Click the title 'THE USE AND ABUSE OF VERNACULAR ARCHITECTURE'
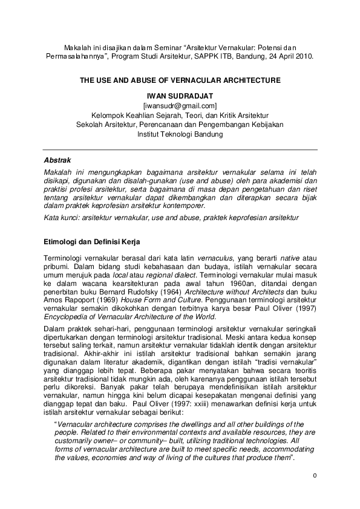point(180,79)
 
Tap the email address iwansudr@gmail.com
point(180,105)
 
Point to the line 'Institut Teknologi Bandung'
point(180,134)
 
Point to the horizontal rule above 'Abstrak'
point(180,149)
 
